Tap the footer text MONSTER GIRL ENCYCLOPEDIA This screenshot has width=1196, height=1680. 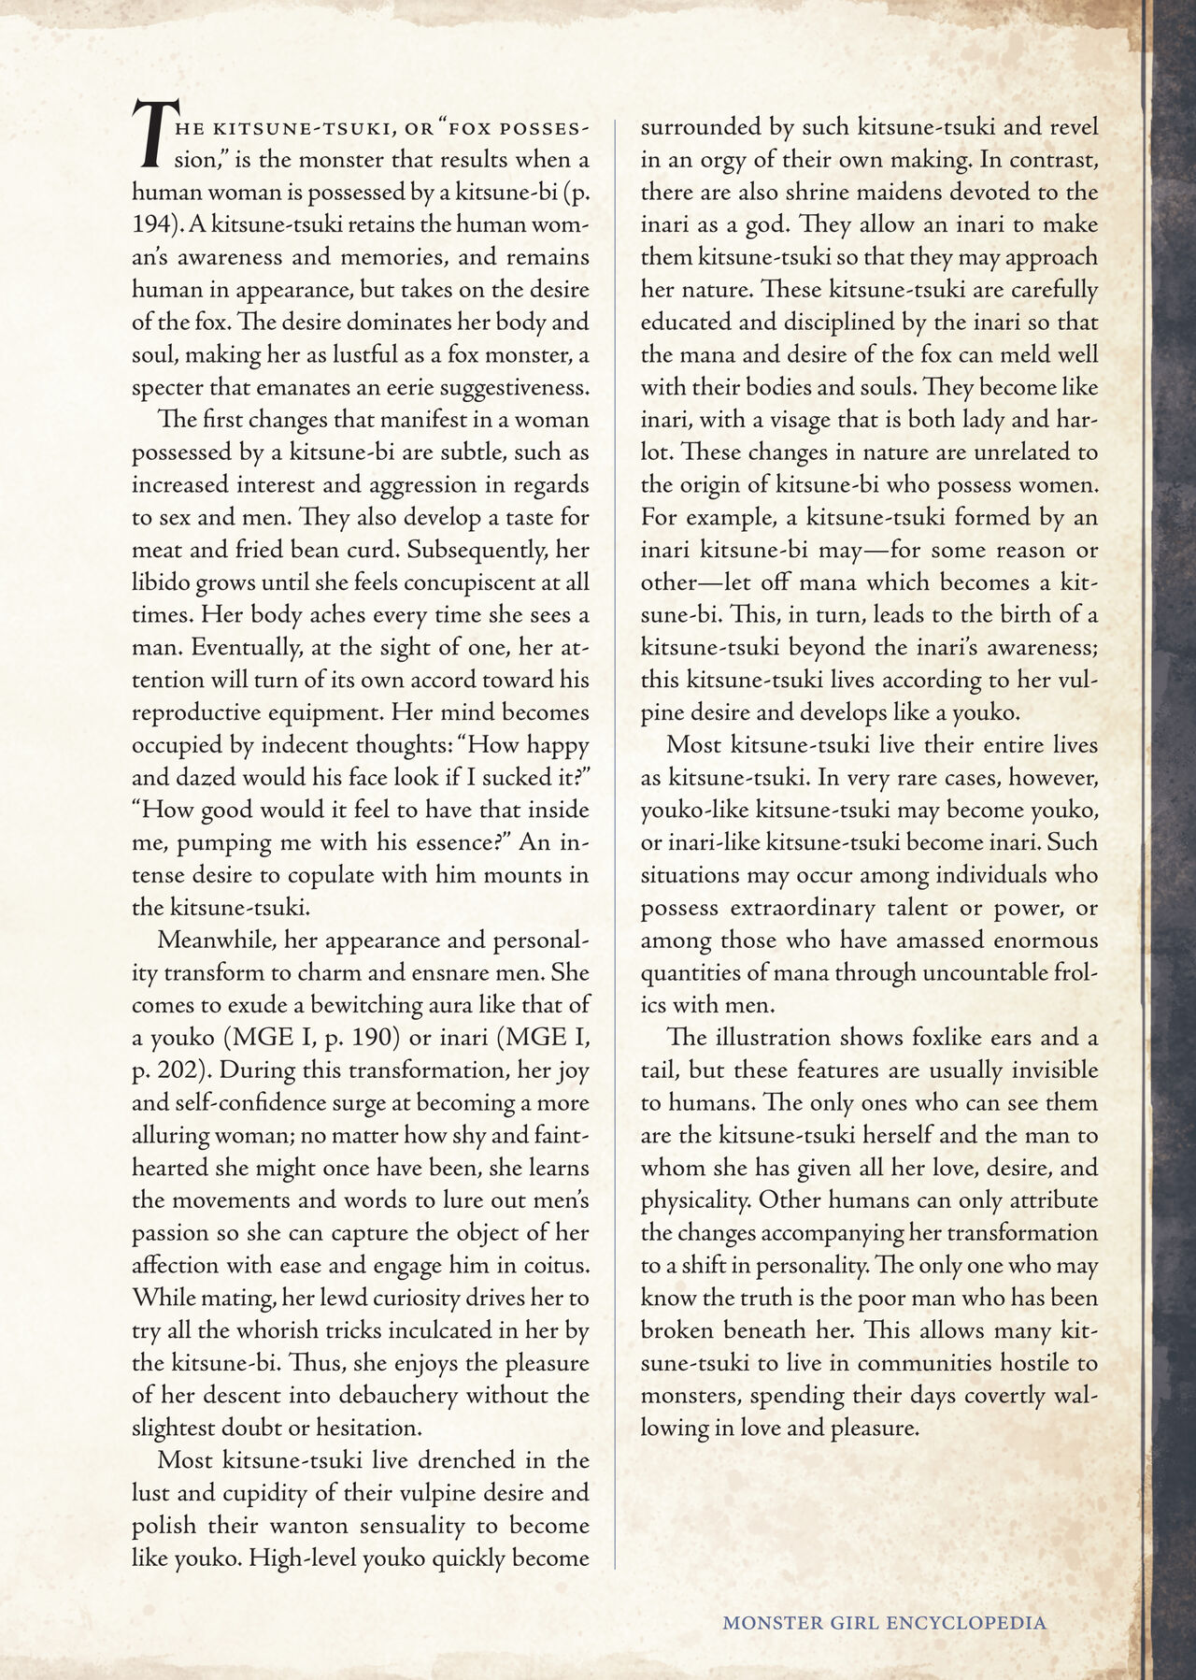coord(884,1622)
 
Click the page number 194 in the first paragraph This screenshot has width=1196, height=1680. coord(155,224)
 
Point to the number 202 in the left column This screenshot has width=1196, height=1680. coord(176,1070)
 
